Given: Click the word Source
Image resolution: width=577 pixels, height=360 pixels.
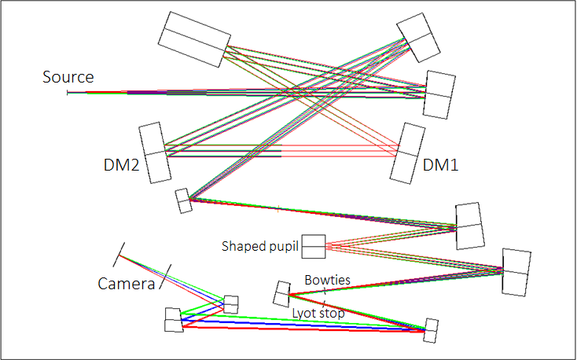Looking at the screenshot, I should [68, 77].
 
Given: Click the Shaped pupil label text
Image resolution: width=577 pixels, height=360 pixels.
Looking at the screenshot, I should [260, 247].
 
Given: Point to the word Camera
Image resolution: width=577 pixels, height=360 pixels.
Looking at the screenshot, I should [126, 284].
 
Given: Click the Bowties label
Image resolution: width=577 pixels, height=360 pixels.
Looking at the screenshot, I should [328, 279].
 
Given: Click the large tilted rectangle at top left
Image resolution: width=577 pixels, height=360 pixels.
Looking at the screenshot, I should [193, 39].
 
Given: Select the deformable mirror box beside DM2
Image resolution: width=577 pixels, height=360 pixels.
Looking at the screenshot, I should [154, 152].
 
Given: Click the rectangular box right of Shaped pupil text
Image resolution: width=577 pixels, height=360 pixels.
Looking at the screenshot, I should [314, 247].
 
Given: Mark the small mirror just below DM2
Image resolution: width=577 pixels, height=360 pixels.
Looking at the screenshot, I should [183, 200].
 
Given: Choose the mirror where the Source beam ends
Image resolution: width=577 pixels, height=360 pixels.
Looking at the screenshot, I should [439, 95].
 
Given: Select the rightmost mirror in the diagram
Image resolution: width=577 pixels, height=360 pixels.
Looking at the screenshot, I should [517, 272].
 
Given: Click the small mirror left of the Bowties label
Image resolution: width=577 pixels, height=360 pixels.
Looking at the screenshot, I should [281, 293].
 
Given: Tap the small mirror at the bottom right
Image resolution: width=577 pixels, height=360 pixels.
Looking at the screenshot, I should [431, 330].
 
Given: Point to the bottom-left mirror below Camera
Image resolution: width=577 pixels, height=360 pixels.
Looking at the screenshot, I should [174, 321].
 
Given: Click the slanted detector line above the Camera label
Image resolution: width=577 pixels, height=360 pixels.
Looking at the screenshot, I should [121, 253].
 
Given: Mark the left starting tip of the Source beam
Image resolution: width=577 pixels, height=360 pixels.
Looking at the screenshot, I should [68, 93].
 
